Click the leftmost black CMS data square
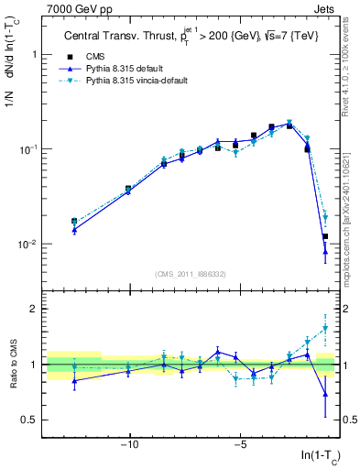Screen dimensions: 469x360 point(74,221)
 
